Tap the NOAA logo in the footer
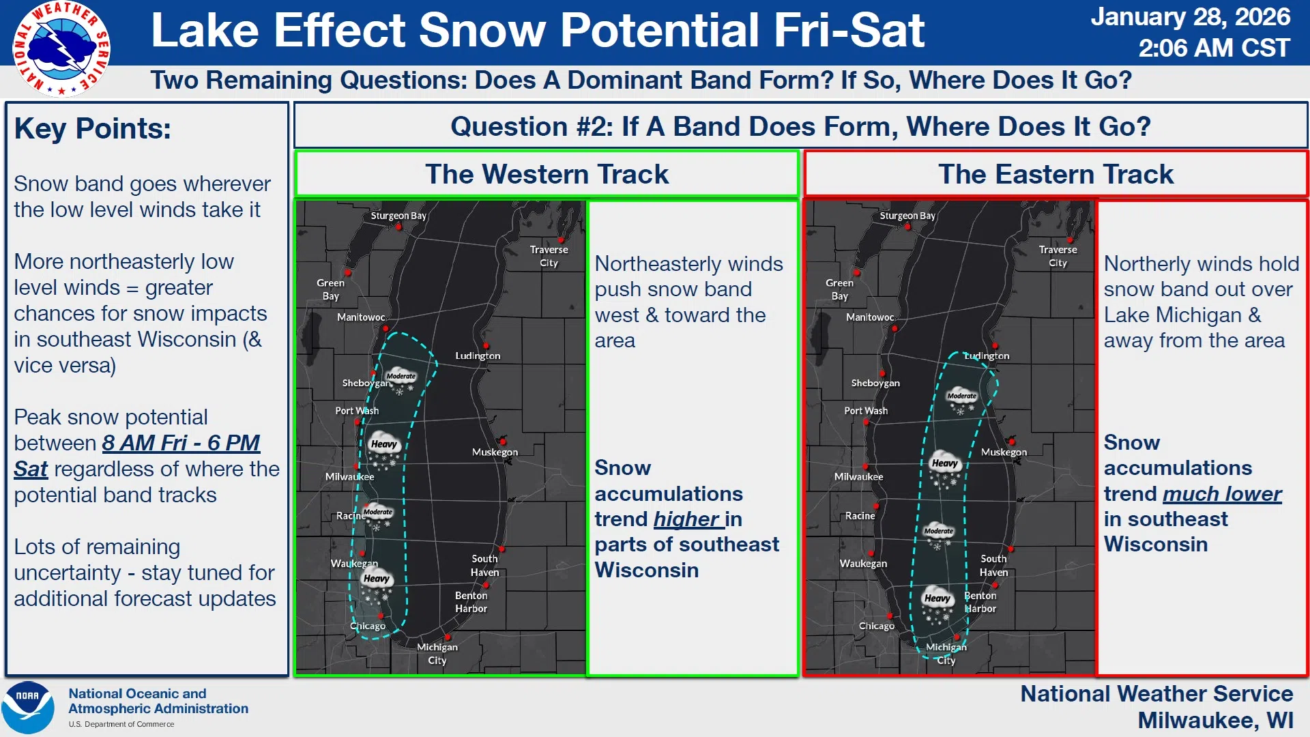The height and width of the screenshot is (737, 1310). point(28,708)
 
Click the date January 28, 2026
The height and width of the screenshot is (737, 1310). point(1191,17)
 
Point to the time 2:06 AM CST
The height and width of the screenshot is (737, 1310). point(1214,48)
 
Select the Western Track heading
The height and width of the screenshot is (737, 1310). point(547,174)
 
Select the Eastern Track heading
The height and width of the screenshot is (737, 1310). point(1056,174)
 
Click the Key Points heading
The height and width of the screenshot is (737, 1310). point(93,128)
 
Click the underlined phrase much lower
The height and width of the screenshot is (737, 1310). point(1222,493)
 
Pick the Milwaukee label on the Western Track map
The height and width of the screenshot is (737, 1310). point(349,476)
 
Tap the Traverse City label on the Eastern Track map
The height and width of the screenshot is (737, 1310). point(1058,256)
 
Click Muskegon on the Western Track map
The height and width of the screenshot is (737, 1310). point(495,452)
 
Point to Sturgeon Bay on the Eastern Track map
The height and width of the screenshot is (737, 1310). point(907,216)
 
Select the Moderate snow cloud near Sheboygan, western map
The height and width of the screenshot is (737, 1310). point(401,381)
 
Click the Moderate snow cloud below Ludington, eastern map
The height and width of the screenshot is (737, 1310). point(962,401)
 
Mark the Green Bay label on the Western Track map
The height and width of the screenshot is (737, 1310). point(330,289)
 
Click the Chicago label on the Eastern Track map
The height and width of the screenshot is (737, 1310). point(877,626)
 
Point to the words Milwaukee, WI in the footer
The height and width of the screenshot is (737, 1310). point(1215,721)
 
